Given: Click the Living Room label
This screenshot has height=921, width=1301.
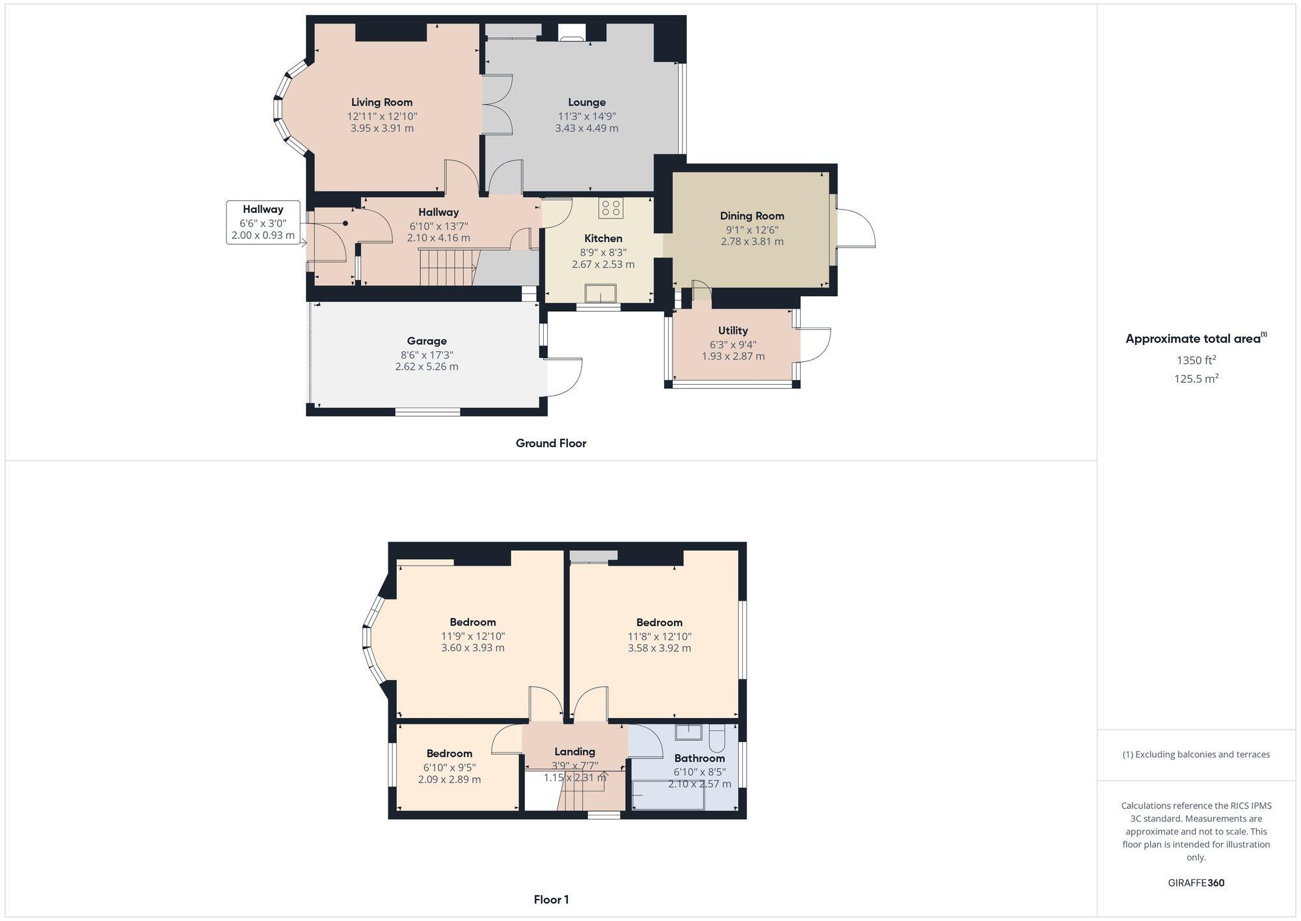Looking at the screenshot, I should pos(382,102).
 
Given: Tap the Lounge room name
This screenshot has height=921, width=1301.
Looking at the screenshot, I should pos(587,102).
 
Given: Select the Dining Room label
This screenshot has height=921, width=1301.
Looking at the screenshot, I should pos(752,216).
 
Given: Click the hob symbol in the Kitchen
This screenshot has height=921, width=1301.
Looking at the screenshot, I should pos(611,208).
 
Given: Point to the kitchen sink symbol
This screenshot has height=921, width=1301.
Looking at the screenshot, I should pos(601,294).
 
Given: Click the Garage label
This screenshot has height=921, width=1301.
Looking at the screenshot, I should pos(427,341).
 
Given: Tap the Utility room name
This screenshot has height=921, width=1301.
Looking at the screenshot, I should pos(733,331).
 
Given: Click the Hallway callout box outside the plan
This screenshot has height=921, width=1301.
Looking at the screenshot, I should pos(263,223).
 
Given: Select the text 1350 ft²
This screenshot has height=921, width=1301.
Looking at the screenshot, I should pos(1196,360).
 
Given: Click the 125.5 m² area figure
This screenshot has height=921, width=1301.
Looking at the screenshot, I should pos(1196,379).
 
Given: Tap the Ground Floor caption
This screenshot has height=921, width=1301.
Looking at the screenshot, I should pos(551,443).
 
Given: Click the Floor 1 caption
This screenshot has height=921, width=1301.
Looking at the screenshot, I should pos(551,900).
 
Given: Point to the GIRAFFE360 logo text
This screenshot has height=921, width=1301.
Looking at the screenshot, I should pos(1196,883).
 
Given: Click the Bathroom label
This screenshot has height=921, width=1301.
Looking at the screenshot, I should pos(699,758).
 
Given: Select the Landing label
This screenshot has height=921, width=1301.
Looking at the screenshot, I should pos(574,752).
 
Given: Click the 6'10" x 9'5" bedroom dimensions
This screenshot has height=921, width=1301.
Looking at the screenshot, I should pos(449,767).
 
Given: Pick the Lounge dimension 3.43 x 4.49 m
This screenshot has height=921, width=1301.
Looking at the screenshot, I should pos(587,128).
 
